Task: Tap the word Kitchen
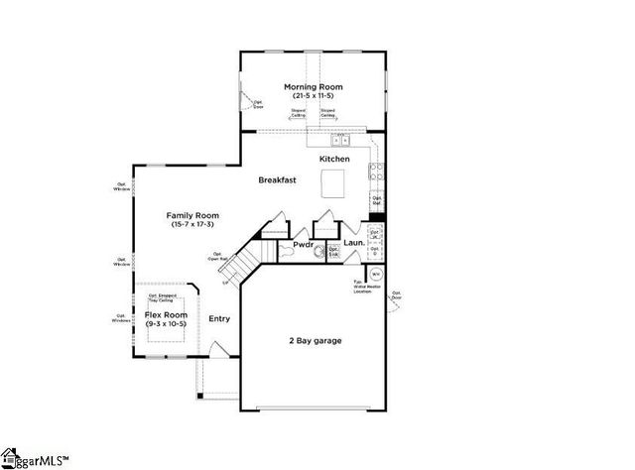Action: point(334,160)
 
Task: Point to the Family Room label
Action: point(192,215)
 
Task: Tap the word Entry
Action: point(219,319)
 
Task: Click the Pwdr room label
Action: point(303,244)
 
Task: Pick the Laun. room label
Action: point(354,243)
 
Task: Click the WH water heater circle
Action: point(376,275)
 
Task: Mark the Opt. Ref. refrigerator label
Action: point(376,200)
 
